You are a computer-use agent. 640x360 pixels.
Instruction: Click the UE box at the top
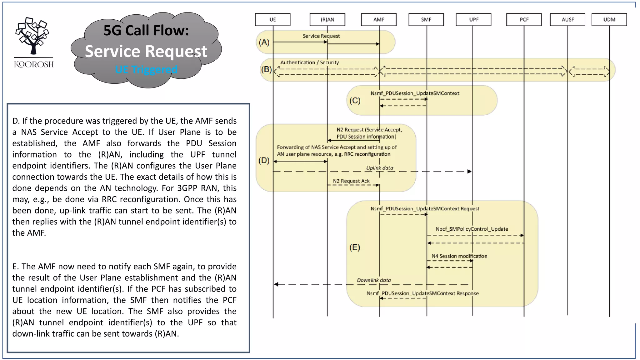272,19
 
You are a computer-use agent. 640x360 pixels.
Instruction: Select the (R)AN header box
327,19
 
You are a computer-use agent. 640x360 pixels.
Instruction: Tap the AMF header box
379,19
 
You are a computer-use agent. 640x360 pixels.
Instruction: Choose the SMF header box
426,19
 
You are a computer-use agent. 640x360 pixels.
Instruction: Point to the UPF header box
473,19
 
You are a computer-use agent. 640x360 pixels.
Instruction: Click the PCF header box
524,19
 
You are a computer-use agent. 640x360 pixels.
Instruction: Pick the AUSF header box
567,19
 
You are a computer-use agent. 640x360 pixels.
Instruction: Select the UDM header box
609,19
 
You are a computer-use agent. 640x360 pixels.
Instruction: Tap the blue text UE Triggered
146,69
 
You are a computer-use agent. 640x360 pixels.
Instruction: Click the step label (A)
264,42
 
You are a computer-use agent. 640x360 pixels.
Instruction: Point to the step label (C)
355,101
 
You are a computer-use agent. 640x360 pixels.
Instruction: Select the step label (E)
354,247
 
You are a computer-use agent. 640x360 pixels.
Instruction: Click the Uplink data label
379,168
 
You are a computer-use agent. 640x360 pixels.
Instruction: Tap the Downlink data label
374,280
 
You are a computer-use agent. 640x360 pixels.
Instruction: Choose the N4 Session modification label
459,256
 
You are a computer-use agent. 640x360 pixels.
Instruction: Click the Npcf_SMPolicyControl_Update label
472,229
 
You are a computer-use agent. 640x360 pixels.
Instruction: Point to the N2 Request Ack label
351,181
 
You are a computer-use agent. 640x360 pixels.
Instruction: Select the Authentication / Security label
309,62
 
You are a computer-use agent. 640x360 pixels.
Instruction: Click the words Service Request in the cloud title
146,51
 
